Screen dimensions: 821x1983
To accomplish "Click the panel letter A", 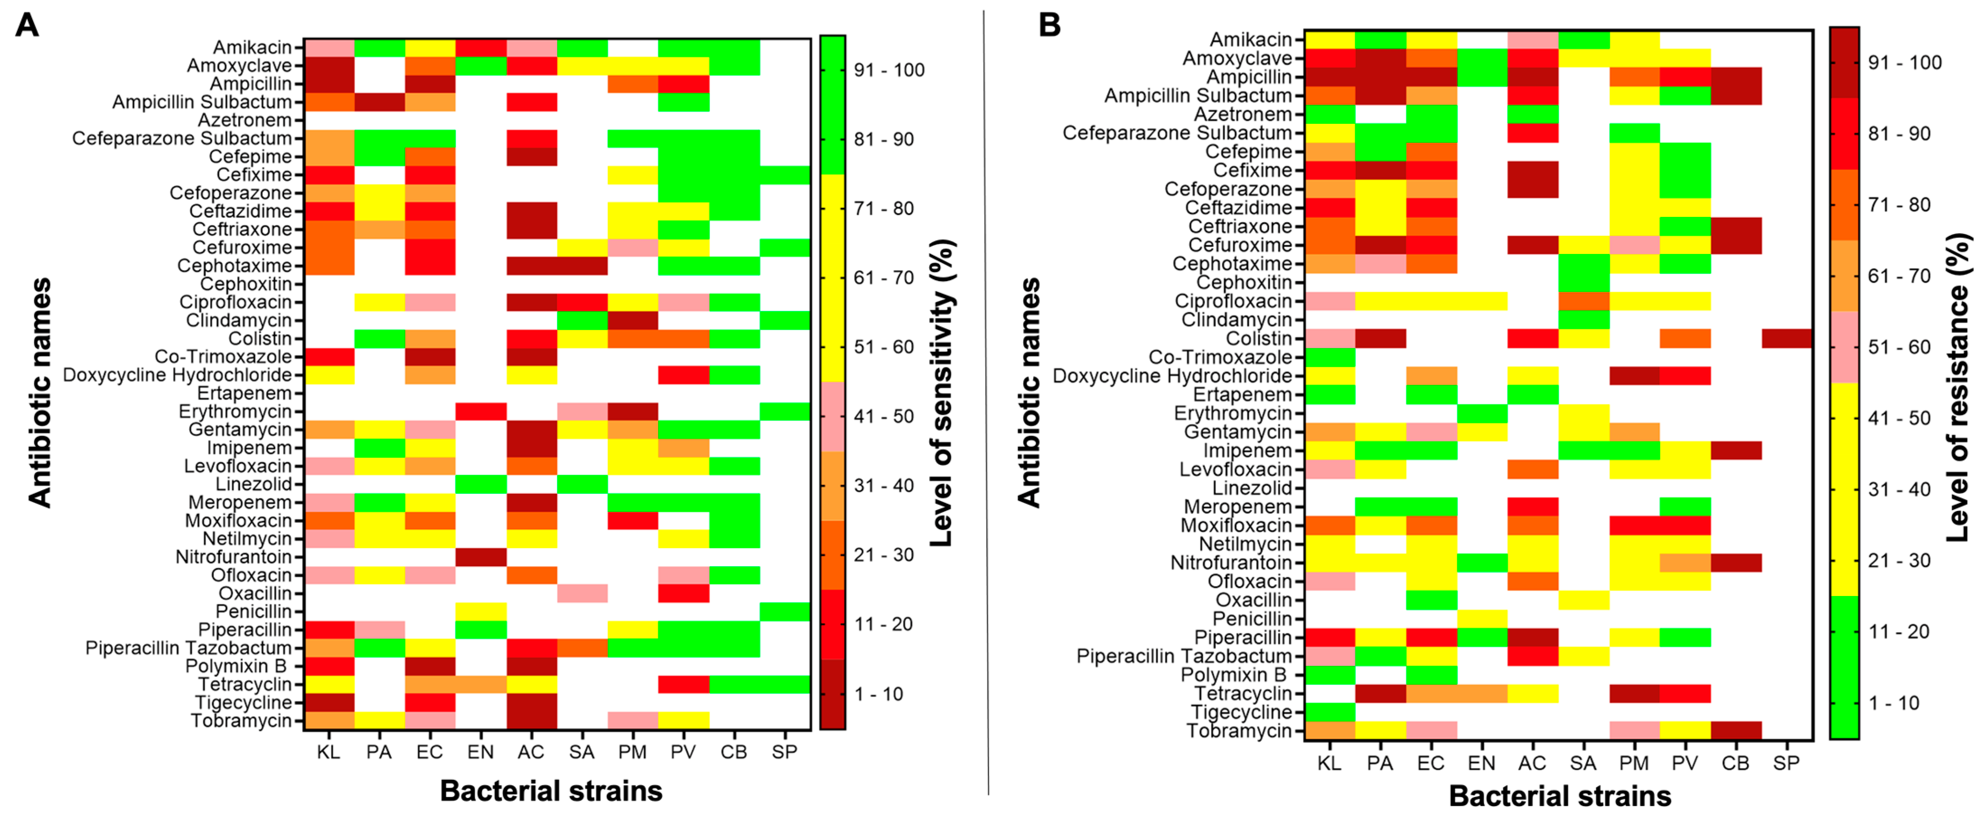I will coord(27,25).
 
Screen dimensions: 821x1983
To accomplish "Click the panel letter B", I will coord(1049,25).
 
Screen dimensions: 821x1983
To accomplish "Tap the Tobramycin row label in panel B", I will coord(1238,731).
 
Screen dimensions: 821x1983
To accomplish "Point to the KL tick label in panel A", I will coord(329,752).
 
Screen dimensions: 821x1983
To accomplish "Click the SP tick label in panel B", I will coord(1786,763).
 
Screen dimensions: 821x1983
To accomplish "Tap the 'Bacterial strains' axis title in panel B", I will coord(1560,796).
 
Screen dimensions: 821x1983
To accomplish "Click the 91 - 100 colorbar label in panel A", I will coord(889,70).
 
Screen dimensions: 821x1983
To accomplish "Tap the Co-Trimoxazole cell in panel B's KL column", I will coord(1329,357).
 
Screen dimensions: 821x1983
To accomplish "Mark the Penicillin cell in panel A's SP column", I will coord(785,611).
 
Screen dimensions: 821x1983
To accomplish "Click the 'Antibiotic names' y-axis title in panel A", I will coord(40,393).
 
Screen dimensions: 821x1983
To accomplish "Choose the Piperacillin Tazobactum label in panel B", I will coord(1183,656).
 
